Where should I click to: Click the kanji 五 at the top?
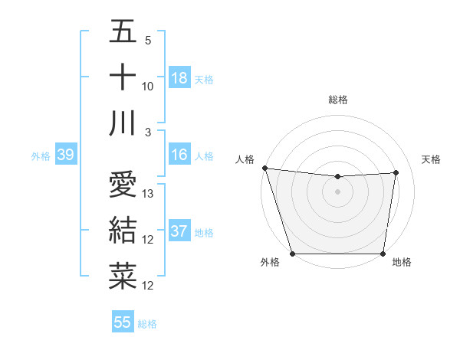coord(123,34)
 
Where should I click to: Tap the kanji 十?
coord(123,78)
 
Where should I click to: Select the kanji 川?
coord(123,123)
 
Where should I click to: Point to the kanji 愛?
coord(123,185)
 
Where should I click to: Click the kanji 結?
coord(123,231)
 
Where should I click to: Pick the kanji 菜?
coord(123,277)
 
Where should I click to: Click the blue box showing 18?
coord(179,78)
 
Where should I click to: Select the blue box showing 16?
coord(179,155)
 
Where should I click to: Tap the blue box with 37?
coord(179,232)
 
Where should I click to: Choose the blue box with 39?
coord(65,155)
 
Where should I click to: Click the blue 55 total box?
coord(123,322)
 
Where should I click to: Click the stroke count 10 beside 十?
coord(149,86)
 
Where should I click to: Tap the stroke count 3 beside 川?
coord(148,132)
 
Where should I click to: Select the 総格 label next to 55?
coord(147,324)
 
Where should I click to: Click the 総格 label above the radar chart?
coord(337,100)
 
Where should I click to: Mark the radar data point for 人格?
coord(264,168)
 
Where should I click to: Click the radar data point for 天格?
coord(396,172)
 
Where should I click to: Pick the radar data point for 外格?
coord(292,254)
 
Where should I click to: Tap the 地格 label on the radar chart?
coord(402,263)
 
